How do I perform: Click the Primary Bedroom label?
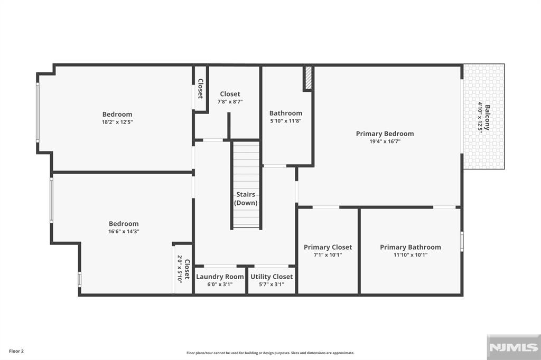[x=385, y=134]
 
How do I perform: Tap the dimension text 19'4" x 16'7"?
[x=385, y=141]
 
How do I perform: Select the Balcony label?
[x=487, y=118]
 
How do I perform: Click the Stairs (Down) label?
[x=246, y=198]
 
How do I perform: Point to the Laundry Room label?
[x=220, y=277]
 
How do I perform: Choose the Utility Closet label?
[x=272, y=277]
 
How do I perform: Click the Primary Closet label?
[x=328, y=247]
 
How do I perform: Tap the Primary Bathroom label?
[x=411, y=247]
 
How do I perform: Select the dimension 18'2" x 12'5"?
[x=117, y=122]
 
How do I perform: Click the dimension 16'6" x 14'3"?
[x=124, y=231]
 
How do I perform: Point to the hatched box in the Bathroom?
[x=308, y=78]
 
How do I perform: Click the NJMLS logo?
[x=512, y=347]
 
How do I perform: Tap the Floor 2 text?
[x=16, y=350]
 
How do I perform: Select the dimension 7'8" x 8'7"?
[x=230, y=102]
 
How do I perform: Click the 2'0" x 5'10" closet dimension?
[x=180, y=269]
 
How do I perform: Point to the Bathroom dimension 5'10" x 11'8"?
[x=286, y=121]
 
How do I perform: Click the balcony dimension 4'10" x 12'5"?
[x=480, y=118]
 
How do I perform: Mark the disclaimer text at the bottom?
[x=270, y=353]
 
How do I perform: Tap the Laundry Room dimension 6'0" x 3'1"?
[x=220, y=285]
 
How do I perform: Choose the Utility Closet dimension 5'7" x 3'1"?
[x=272, y=285]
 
